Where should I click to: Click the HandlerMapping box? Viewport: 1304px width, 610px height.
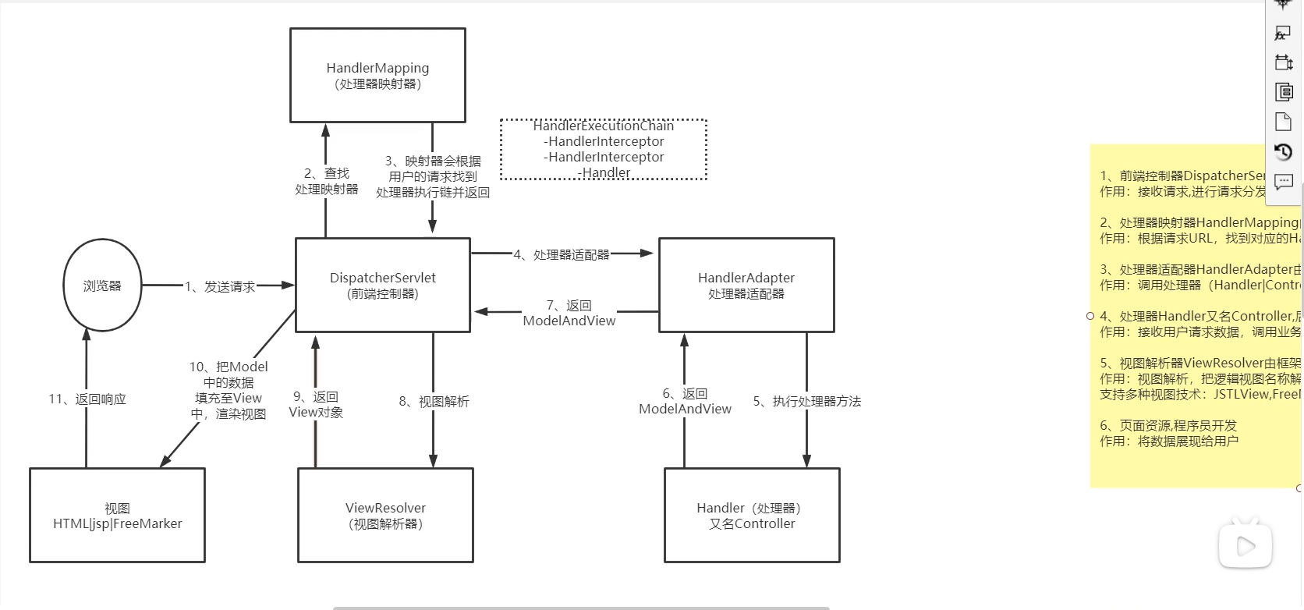tap(377, 76)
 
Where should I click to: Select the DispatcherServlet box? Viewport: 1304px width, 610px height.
tap(382, 285)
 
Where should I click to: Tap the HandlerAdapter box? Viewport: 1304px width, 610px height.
tap(746, 285)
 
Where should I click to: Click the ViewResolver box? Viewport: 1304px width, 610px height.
tap(385, 515)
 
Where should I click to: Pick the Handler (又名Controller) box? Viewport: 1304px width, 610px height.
tap(751, 515)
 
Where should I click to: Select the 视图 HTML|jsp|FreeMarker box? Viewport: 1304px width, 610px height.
tap(117, 515)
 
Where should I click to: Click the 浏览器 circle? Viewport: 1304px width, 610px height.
tap(102, 285)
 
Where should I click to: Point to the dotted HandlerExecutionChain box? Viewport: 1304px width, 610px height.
tap(603, 149)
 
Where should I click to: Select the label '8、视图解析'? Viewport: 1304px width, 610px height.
tap(434, 401)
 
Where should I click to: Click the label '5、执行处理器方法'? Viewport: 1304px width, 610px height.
tap(807, 401)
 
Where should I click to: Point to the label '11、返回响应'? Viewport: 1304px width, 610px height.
tap(87, 399)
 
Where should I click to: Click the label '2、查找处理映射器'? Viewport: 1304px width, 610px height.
tap(327, 181)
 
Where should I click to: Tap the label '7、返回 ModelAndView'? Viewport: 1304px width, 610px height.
tap(569, 313)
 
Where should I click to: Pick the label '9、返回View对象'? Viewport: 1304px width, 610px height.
tap(316, 404)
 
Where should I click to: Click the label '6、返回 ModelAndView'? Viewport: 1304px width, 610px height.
tap(685, 401)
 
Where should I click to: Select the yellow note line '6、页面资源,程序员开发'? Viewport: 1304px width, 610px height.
tap(1168, 425)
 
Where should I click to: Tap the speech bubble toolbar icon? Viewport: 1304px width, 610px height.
tap(1283, 183)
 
